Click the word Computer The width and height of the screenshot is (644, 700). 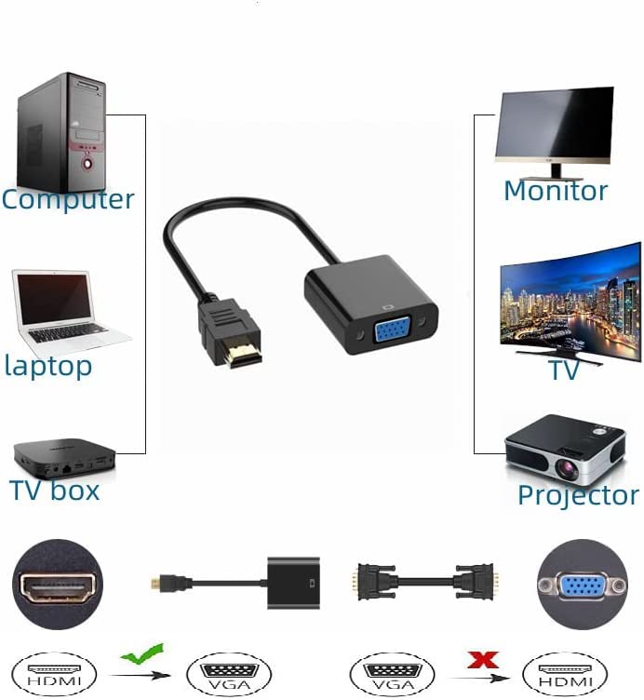[x=68, y=199]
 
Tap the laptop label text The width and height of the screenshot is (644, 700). [x=48, y=367]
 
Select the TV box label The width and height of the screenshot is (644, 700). [x=54, y=491]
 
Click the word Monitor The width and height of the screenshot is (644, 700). [x=556, y=191]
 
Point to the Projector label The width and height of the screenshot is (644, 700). [x=579, y=495]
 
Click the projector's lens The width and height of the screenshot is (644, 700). [x=567, y=467]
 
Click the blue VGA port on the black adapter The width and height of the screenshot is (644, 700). [x=393, y=329]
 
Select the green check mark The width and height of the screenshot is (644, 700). [x=141, y=653]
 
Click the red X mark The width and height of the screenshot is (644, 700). [x=483, y=660]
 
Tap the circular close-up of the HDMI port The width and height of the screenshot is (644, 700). [x=58, y=585]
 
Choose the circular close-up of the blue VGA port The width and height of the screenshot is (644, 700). [x=582, y=585]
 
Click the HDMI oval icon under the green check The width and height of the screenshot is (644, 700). [x=54, y=674]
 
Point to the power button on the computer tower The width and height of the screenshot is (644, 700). [x=87, y=164]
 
